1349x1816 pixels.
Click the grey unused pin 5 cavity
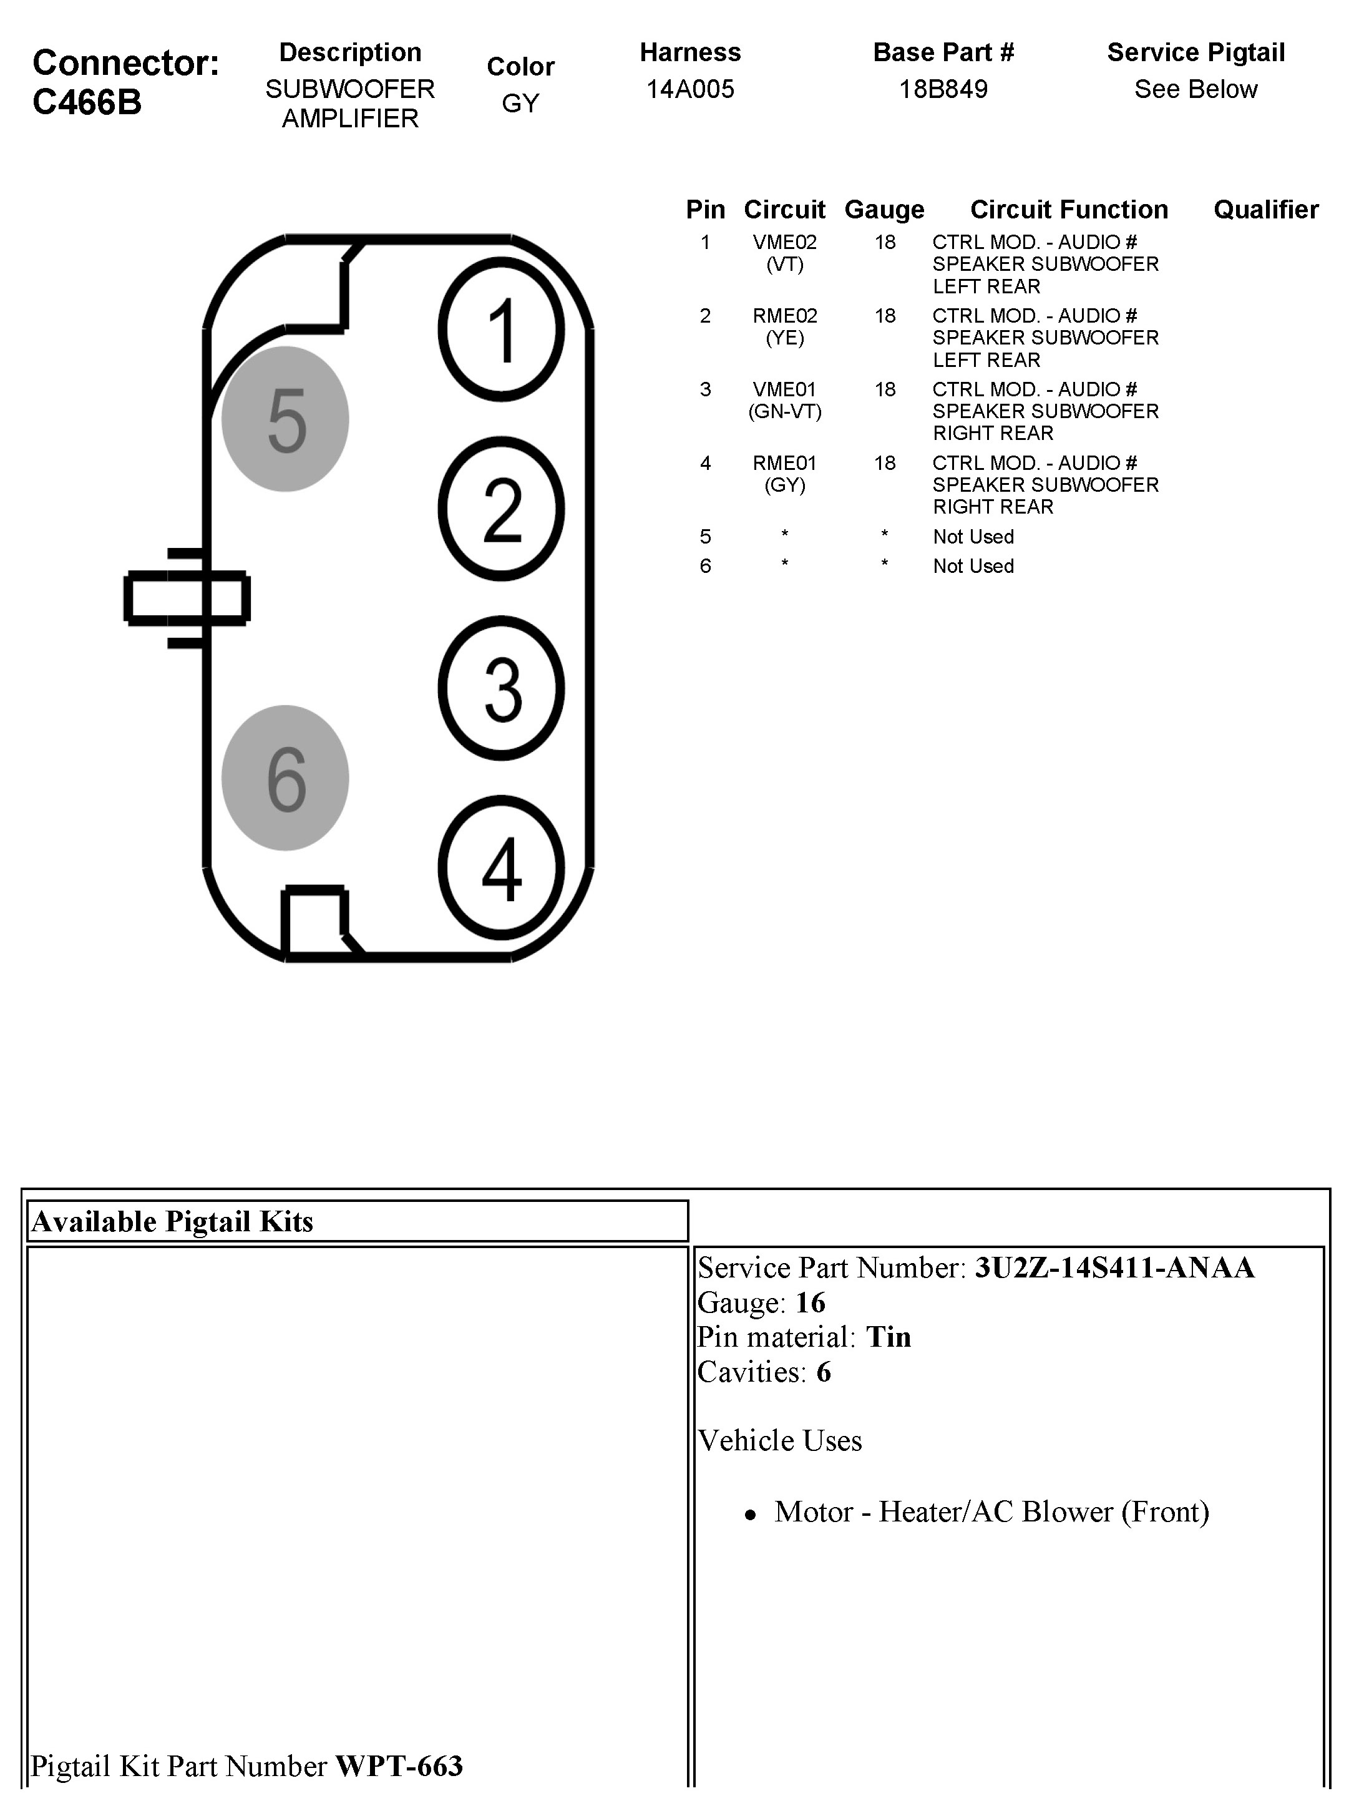point(285,419)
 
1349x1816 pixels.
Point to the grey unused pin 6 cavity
point(285,778)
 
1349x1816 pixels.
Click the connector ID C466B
point(87,102)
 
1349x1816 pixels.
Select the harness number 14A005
point(690,89)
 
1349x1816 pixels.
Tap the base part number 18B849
point(943,89)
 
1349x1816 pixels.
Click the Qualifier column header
point(1266,210)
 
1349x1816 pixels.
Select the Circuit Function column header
point(1068,210)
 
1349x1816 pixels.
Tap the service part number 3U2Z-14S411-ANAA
point(1114,1267)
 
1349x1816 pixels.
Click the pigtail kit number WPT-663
point(399,1765)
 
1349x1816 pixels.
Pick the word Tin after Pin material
point(888,1337)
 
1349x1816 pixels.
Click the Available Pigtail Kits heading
point(172,1221)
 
